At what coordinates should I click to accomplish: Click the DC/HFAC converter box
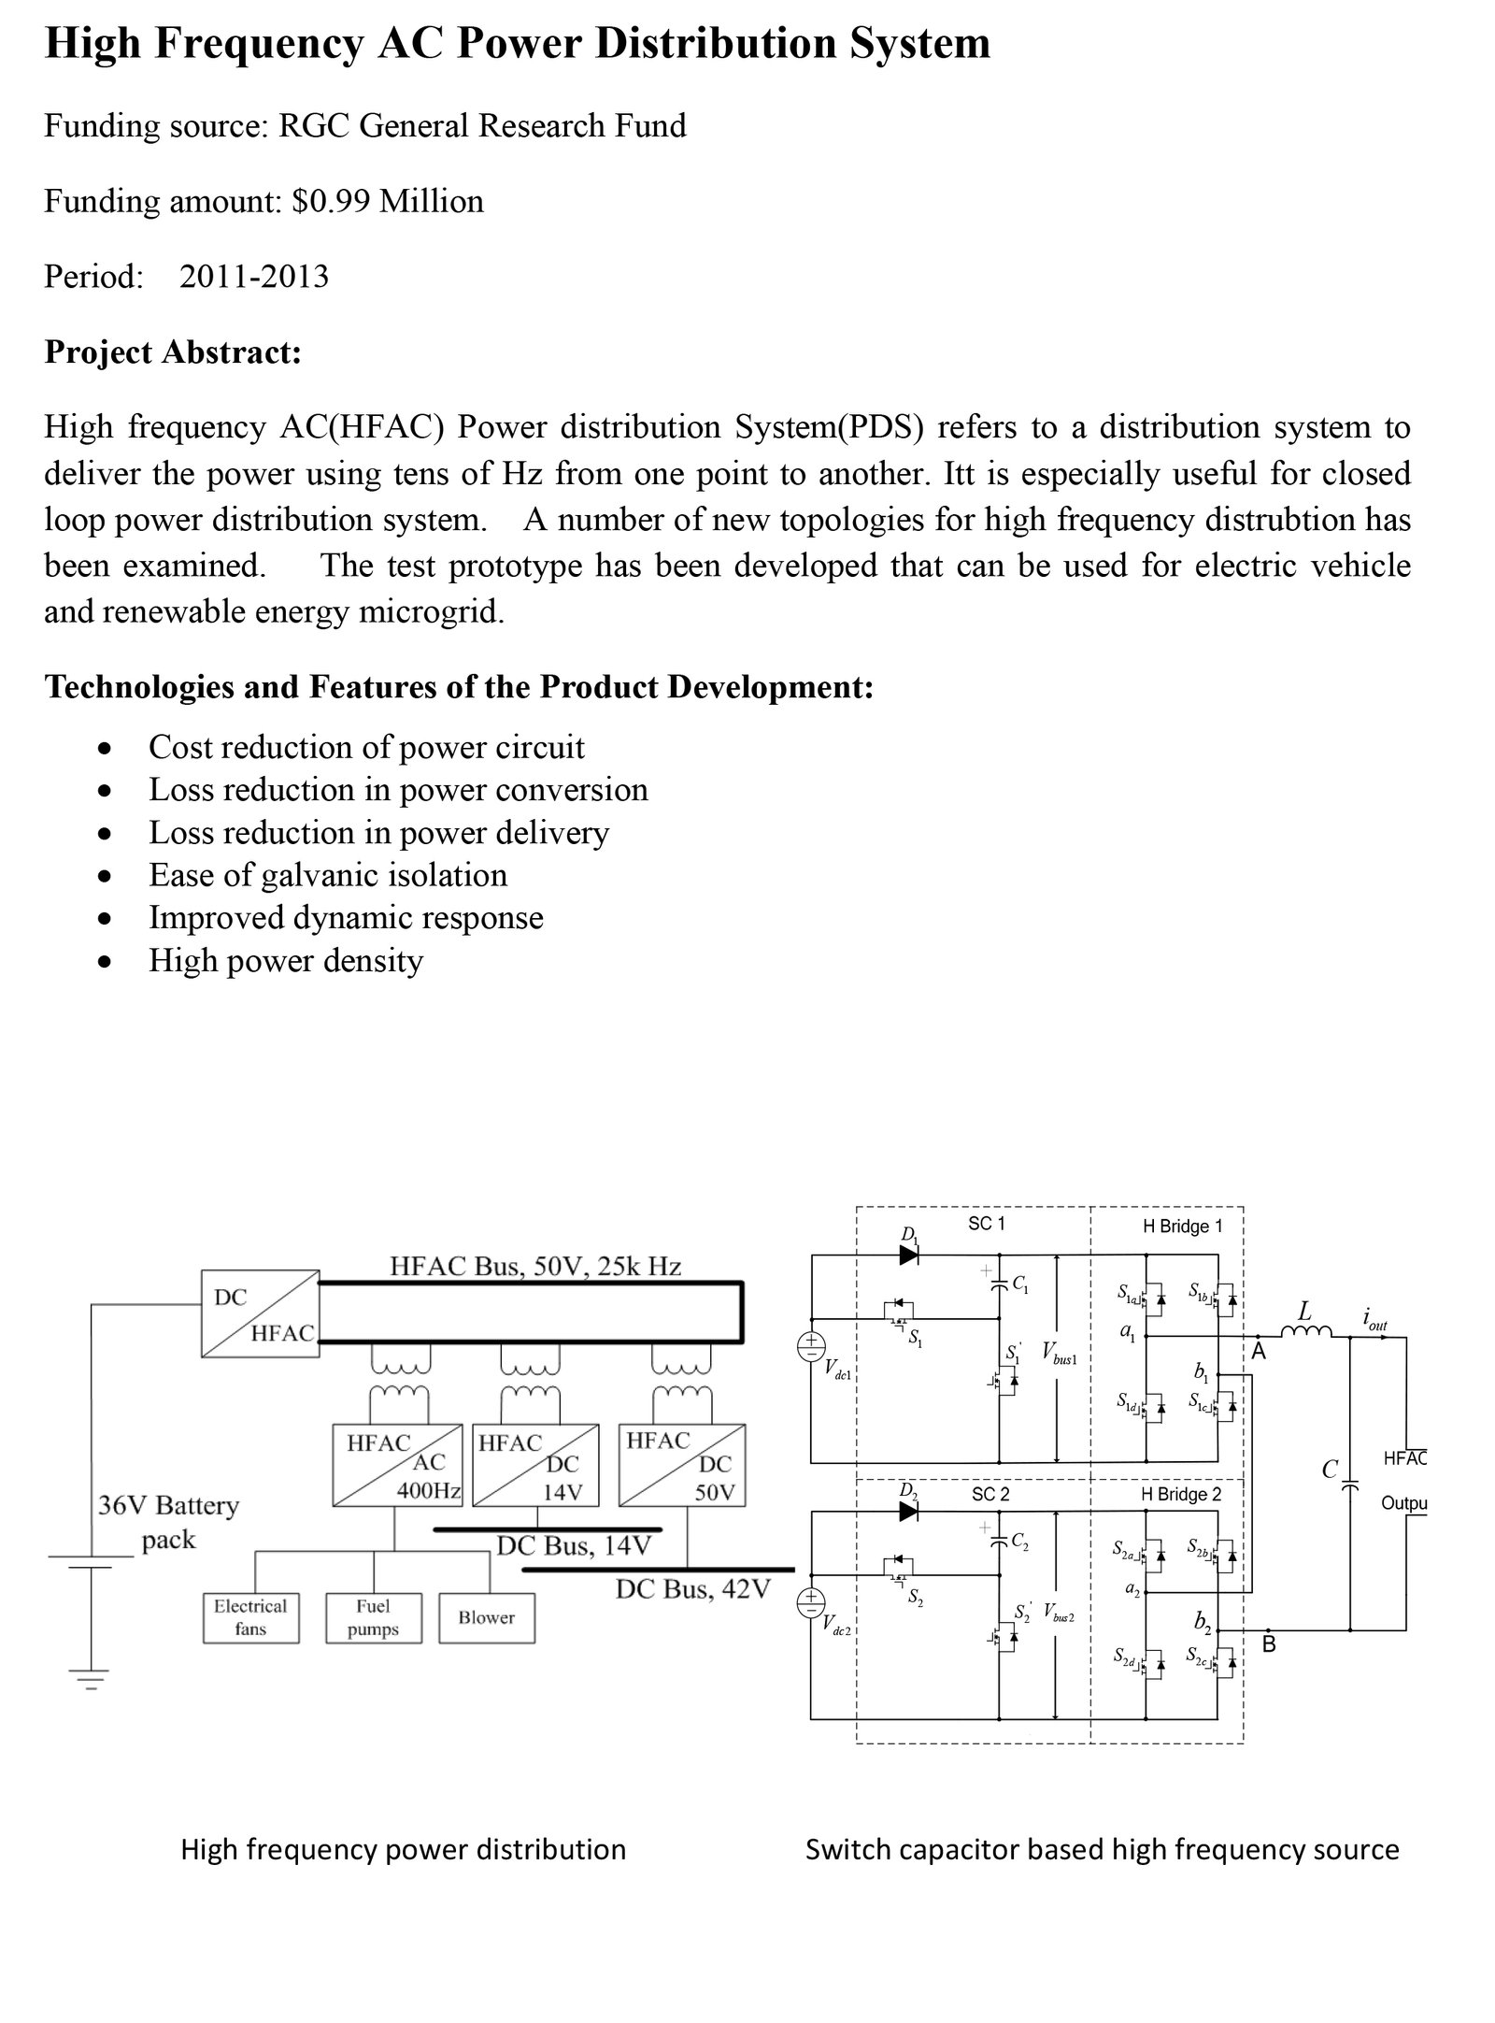tap(261, 1313)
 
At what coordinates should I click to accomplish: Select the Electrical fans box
tap(250, 1618)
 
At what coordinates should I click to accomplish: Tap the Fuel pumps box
tap(373, 1618)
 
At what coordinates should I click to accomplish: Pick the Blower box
tap(486, 1618)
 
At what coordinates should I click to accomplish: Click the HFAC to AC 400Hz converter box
tap(397, 1465)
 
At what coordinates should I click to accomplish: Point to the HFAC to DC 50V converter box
tap(682, 1465)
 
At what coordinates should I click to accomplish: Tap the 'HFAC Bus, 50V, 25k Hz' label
tap(534, 1267)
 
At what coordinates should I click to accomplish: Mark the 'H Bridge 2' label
tap(1181, 1494)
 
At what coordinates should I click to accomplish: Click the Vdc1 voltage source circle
tap(810, 1346)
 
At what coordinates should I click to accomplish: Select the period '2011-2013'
tap(254, 277)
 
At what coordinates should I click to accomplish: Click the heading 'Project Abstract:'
tap(173, 352)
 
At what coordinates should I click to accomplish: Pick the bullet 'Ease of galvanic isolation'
tap(328, 875)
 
